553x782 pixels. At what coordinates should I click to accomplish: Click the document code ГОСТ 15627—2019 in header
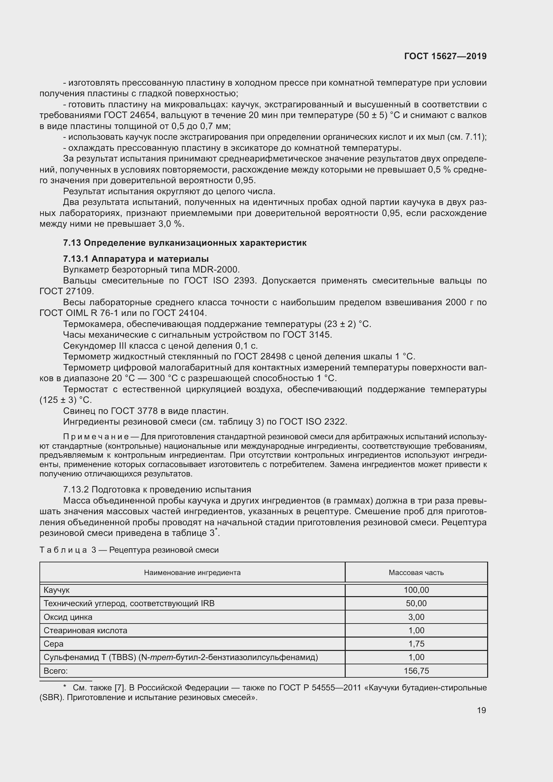click(445, 56)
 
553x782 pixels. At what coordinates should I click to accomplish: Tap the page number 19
click(481, 710)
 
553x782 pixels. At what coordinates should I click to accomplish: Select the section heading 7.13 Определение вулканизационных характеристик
click(185, 243)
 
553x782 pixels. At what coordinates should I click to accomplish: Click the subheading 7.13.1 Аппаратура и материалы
click(136, 259)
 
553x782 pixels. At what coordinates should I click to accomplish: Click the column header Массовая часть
click(416, 572)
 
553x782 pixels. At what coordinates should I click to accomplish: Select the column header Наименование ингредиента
click(192, 572)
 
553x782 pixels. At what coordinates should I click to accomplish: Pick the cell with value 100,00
click(416, 590)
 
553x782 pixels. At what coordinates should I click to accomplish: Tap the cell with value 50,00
click(416, 603)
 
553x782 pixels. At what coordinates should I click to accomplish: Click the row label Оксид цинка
click(68, 617)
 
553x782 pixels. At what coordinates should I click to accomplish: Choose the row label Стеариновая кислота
click(85, 631)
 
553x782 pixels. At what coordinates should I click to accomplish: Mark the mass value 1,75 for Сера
click(416, 644)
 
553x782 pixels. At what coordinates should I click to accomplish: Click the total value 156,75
click(416, 671)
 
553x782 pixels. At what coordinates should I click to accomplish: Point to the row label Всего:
click(56, 671)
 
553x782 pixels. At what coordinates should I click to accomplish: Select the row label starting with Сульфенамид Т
click(181, 657)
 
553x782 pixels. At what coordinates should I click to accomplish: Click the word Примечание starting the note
click(96, 437)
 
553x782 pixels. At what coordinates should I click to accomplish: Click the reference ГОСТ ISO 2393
click(219, 281)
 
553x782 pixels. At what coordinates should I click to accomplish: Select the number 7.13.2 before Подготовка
click(76, 490)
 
